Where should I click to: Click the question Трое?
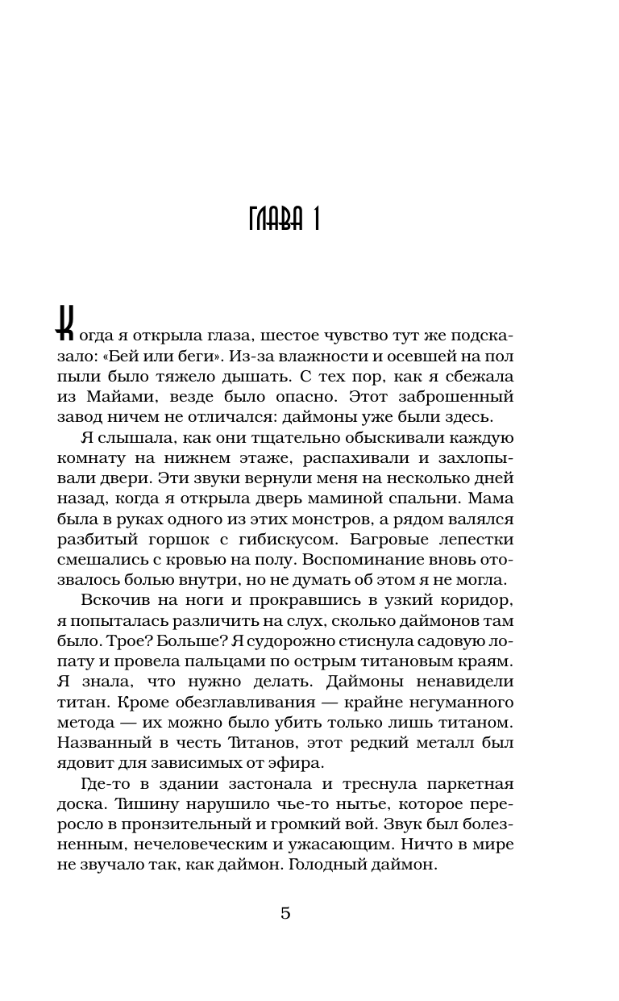(x=111, y=641)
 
